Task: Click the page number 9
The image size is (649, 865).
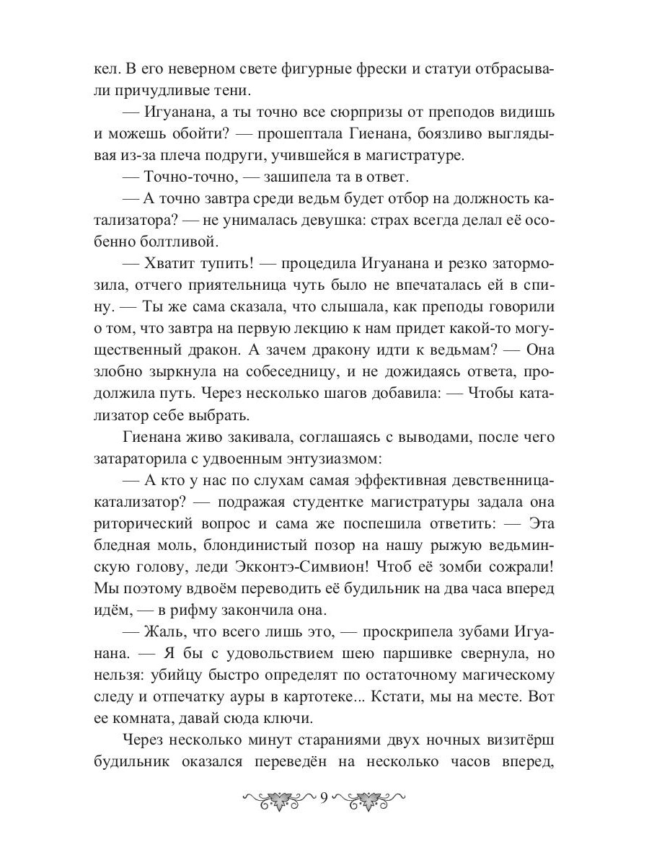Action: (x=324, y=799)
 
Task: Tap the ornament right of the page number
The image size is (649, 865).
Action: (x=371, y=799)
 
